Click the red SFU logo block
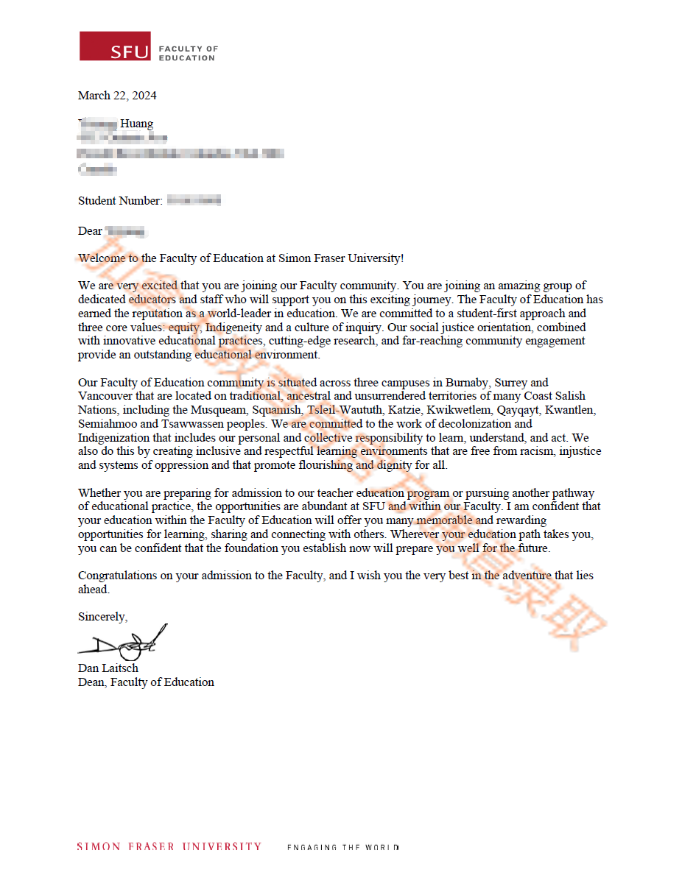point(115,46)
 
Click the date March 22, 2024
point(117,96)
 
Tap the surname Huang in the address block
point(137,124)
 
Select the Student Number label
point(120,200)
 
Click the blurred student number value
point(194,200)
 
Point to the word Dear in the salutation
point(90,231)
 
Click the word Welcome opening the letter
point(99,258)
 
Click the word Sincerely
point(102,617)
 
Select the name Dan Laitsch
point(108,668)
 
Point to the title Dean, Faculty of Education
point(146,682)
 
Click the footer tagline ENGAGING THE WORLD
point(342,847)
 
